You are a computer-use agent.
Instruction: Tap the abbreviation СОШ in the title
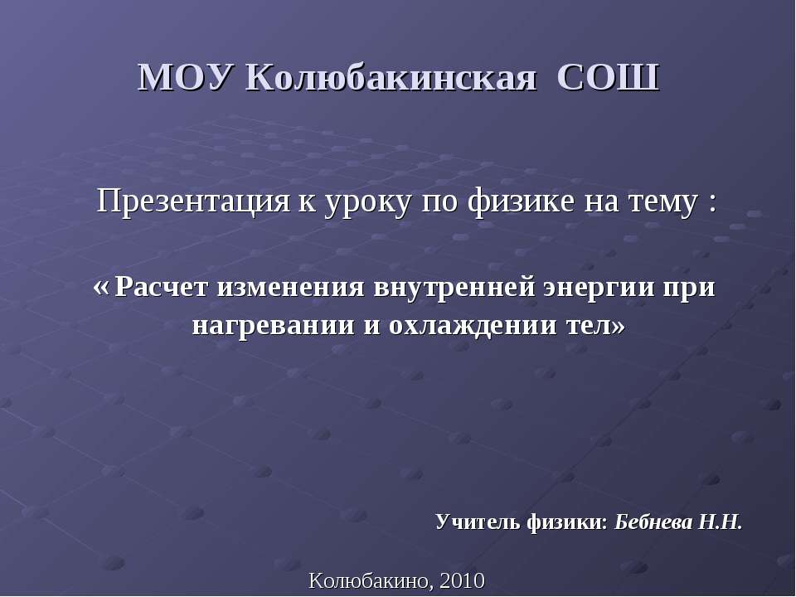(x=608, y=78)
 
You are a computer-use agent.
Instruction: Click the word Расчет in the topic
(x=163, y=288)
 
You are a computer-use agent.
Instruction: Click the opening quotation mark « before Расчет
(x=103, y=288)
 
